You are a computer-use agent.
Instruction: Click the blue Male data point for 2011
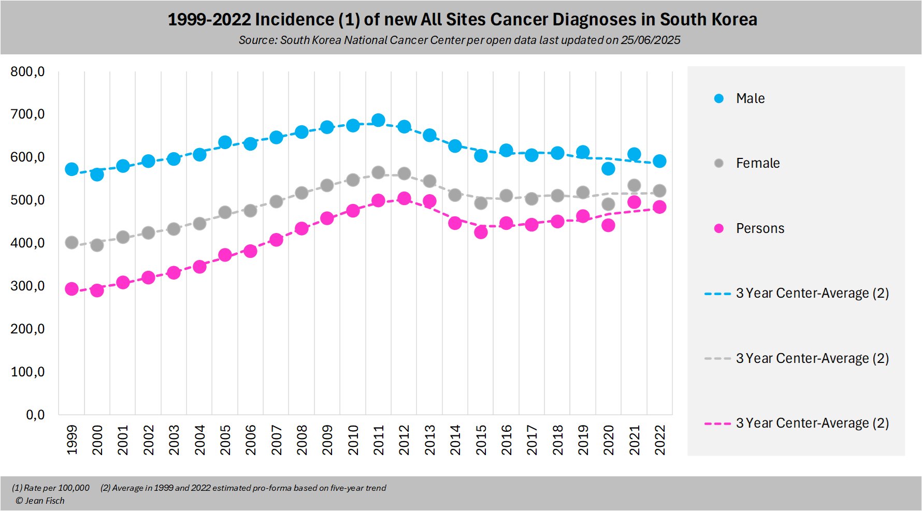click(x=378, y=120)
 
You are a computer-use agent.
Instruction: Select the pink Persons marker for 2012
click(x=404, y=198)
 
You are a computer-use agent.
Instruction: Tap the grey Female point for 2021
click(x=634, y=185)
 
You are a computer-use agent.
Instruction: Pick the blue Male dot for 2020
click(x=608, y=169)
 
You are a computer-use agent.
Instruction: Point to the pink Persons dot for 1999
click(x=71, y=289)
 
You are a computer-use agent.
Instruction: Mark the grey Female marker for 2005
click(x=225, y=212)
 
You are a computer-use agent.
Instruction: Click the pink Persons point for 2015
click(x=481, y=232)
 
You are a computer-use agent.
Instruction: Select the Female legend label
click(x=757, y=163)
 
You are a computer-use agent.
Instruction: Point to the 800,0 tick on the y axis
click(x=27, y=71)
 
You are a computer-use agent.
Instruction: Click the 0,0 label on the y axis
click(x=35, y=415)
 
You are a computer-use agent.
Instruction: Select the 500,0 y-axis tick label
click(x=27, y=200)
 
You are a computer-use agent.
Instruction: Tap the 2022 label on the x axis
click(x=660, y=440)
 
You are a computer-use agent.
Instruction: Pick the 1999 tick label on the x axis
click(x=72, y=440)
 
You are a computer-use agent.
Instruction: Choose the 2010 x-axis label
click(x=353, y=440)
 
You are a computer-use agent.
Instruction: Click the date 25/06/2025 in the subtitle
click(x=650, y=40)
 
